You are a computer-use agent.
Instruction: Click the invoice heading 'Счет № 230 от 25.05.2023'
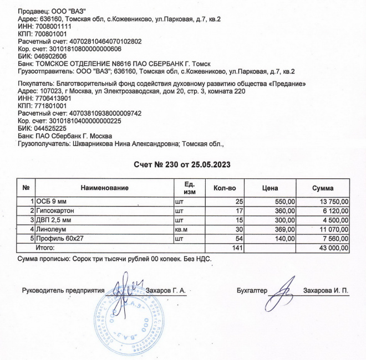(x=182, y=164)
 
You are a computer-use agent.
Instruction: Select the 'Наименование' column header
(x=105, y=188)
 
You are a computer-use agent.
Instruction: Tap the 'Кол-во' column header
(x=225, y=188)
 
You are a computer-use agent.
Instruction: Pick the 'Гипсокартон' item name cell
(x=55, y=211)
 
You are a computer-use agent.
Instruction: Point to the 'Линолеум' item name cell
(x=52, y=229)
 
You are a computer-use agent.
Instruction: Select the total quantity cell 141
(x=237, y=248)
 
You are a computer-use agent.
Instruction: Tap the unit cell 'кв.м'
(x=182, y=229)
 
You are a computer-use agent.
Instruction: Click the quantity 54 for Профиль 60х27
(x=239, y=238)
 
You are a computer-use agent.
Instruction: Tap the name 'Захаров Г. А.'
(x=165, y=290)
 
